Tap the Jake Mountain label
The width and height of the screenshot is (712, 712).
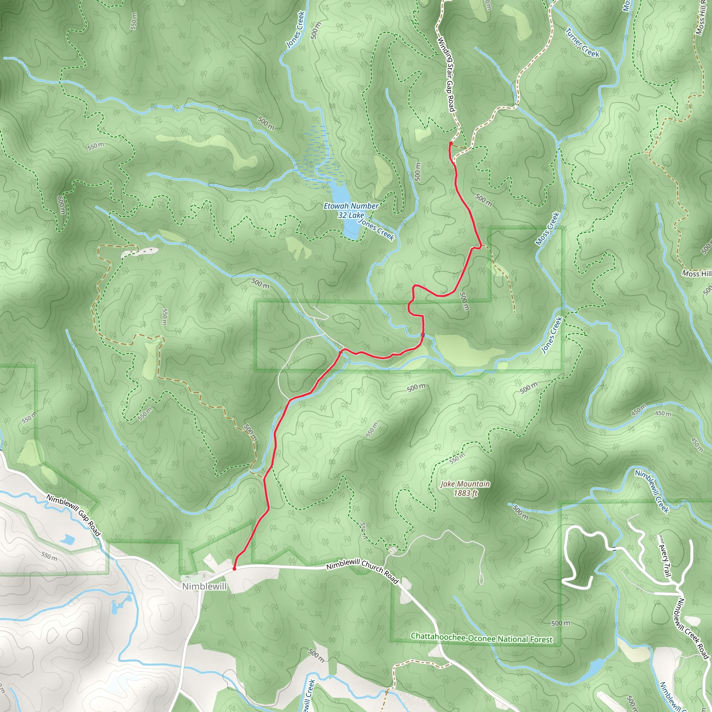tap(465, 484)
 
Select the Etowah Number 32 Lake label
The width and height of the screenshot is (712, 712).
tap(351, 210)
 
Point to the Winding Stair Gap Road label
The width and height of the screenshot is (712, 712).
tap(446, 74)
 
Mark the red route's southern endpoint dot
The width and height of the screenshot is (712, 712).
tap(234, 569)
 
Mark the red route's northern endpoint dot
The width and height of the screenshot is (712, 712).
tap(451, 143)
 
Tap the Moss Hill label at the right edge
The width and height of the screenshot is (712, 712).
tap(696, 274)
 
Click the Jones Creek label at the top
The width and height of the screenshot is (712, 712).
tap(296, 30)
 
